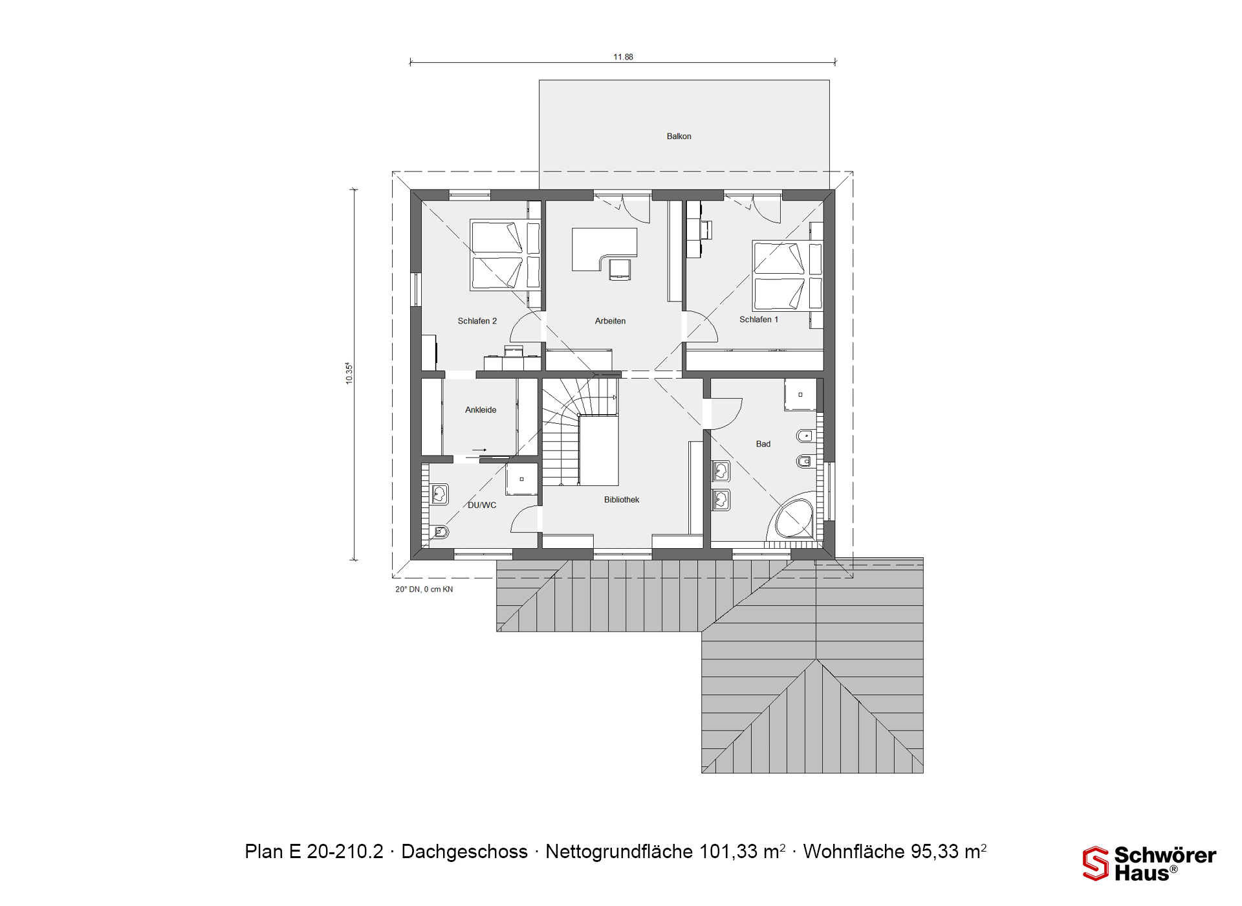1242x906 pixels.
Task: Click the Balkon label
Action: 679,137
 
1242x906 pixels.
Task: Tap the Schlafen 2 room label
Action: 477,321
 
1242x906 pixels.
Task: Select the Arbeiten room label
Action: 610,321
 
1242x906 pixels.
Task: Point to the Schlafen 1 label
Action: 758,320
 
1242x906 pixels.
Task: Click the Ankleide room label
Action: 481,410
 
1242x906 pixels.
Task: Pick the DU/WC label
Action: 482,505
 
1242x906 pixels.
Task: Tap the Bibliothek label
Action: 622,500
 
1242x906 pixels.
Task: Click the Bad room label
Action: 763,444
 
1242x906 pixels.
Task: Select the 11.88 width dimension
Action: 623,57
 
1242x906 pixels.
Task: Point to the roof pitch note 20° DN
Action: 408,590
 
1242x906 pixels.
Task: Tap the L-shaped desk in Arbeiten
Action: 604,249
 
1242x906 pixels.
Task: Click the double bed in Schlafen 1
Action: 787,276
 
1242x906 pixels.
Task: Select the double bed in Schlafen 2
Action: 505,255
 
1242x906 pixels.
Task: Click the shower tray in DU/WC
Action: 521,480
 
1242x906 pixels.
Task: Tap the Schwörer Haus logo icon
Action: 1096,864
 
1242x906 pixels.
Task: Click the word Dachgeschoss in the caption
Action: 464,852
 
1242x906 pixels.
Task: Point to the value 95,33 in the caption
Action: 935,852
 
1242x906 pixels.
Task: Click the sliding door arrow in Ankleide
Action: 479,450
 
